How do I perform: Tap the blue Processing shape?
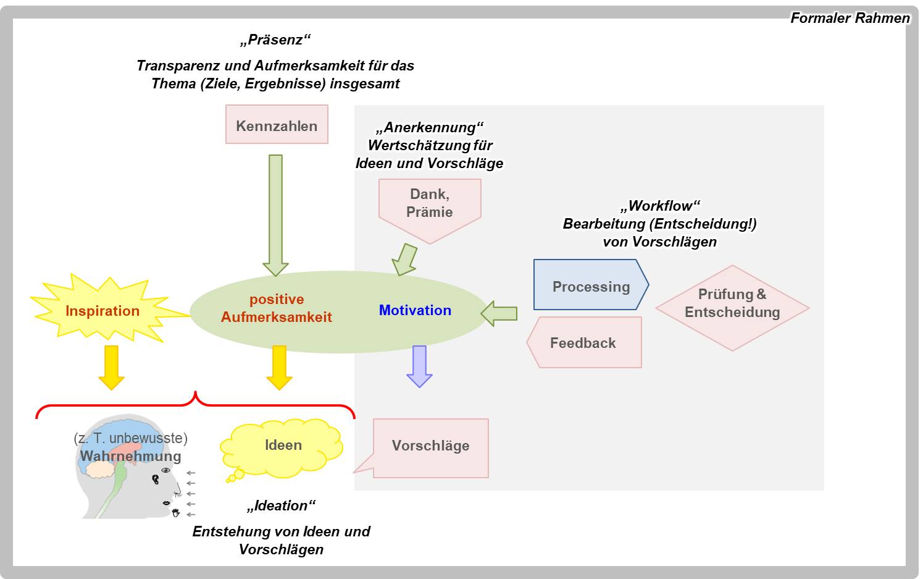(591, 285)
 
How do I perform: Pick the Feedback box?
(584, 343)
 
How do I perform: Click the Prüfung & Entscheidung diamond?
(732, 308)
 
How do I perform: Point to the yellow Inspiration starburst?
(103, 310)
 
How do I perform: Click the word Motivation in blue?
(415, 310)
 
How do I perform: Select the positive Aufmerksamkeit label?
(277, 308)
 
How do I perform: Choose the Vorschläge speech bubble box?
(430, 447)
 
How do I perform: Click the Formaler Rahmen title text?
(850, 19)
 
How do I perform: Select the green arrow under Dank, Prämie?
(405, 260)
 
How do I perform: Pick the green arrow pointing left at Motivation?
(499, 313)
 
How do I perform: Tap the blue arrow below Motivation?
(419, 366)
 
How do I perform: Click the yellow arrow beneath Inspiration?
(111, 367)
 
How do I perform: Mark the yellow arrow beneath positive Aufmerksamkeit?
(279, 367)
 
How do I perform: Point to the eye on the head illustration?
(165, 470)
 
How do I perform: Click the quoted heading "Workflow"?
(660, 206)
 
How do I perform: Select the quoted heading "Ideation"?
(281, 505)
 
